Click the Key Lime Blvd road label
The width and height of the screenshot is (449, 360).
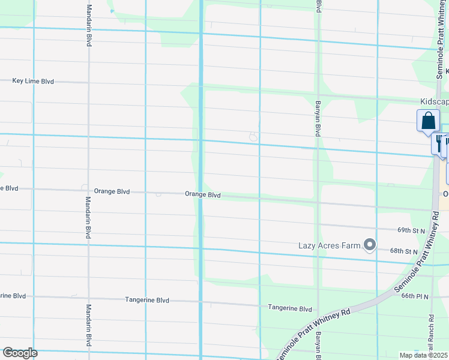(33, 81)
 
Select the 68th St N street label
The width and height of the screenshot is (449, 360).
(403, 251)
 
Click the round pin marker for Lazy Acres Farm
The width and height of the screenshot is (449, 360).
(370, 245)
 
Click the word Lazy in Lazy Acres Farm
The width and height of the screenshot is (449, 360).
(308, 245)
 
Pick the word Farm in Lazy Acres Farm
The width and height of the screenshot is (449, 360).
(350, 245)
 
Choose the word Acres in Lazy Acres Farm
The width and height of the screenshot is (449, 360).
(329, 245)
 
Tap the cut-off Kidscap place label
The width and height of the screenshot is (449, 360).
(433, 103)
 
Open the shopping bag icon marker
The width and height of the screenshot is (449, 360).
(428, 120)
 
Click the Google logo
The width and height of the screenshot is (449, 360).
(20, 353)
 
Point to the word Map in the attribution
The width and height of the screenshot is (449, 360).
(406, 355)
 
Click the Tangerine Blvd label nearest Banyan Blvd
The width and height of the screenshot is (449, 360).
(291, 308)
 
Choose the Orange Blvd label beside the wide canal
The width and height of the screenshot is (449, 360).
(203, 195)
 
